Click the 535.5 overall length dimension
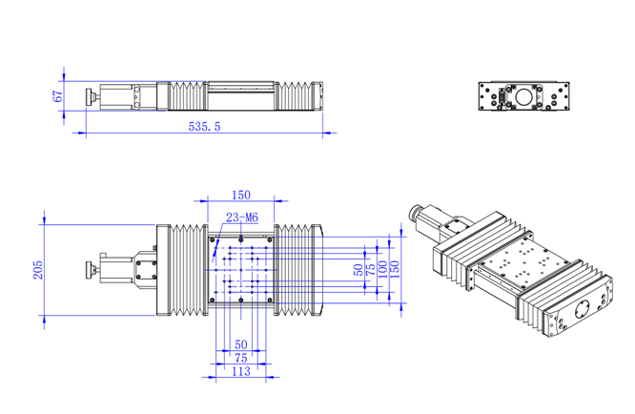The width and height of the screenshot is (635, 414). [x=204, y=126]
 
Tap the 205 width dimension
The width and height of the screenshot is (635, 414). [x=37, y=270]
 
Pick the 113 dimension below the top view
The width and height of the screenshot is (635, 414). [x=242, y=372]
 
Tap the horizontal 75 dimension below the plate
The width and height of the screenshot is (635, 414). [x=242, y=358]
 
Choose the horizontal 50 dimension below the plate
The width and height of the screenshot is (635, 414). [x=241, y=343]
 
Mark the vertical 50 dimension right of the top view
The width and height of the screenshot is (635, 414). [x=358, y=271]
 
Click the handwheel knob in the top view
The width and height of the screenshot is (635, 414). [x=90, y=269]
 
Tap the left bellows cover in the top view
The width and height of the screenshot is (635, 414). [x=189, y=270]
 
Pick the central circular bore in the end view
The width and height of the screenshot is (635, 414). [x=523, y=96]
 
